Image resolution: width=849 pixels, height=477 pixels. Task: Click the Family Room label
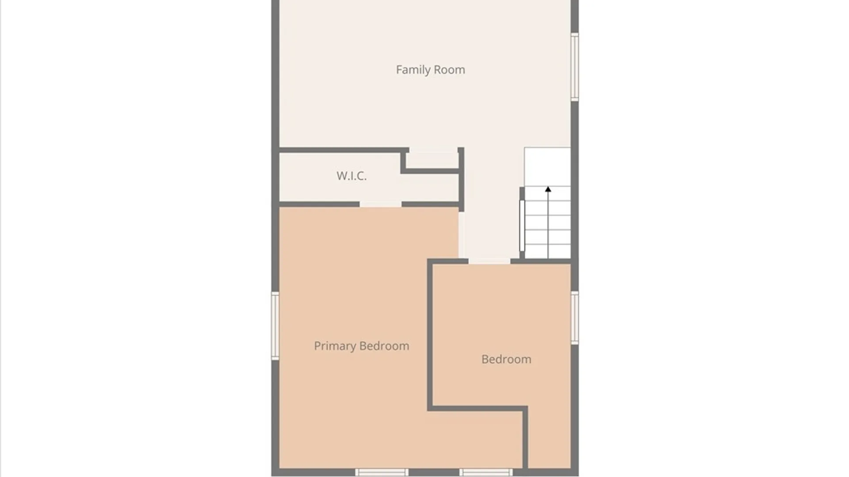(430, 70)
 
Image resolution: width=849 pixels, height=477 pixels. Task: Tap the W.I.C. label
(352, 176)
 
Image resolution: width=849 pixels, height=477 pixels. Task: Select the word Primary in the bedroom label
(335, 346)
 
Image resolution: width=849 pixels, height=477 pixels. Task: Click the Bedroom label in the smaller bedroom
(506, 359)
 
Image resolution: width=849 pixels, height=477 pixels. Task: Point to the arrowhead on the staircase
(548, 189)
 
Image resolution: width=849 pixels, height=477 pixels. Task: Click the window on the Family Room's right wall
(574, 67)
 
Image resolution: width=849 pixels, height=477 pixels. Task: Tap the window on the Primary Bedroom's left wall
(275, 326)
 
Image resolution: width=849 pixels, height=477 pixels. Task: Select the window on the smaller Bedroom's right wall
(574, 318)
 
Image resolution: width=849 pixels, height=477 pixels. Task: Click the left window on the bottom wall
(382, 473)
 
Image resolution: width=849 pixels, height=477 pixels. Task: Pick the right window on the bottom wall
(486, 473)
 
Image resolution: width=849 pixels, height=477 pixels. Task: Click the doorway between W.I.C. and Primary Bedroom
(380, 204)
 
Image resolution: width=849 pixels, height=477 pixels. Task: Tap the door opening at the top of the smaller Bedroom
(489, 261)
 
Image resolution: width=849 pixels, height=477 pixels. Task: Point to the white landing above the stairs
(547, 167)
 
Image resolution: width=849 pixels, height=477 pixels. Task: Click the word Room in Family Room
(449, 70)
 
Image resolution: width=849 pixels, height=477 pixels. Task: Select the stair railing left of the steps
(522, 223)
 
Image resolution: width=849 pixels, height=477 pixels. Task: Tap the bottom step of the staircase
(547, 251)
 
